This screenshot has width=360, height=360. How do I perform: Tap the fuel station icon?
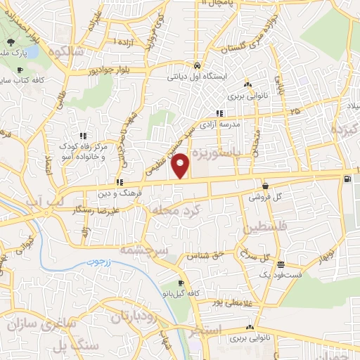coord(348,179)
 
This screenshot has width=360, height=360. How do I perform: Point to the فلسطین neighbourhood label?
coord(264,229)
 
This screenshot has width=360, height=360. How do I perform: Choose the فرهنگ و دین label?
coord(141,191)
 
